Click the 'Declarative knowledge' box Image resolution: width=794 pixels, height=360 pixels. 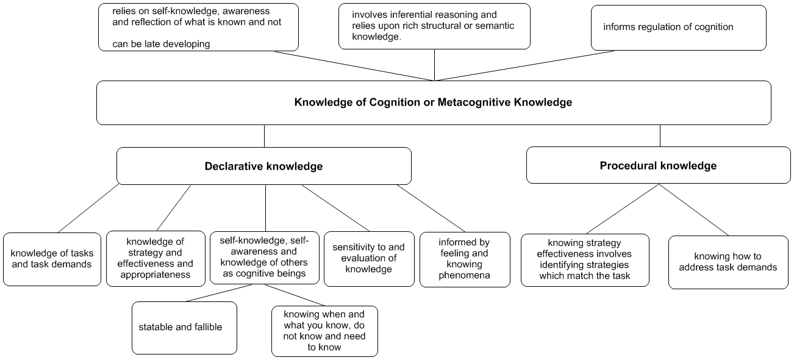[x=263, y=166]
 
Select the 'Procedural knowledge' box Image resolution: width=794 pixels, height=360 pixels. [x=658, y=165]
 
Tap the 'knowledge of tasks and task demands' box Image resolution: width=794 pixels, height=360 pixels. [x=52, y=259]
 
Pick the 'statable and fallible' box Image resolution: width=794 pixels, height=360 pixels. [x=184, y=328]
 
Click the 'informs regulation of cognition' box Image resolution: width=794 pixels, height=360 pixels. [x=678, y=27]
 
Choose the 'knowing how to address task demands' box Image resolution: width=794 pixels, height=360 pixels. [x=728, y=262]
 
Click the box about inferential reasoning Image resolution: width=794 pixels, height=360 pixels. [x=434, y=26]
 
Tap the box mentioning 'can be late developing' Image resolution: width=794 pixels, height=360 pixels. [x=198, y=27]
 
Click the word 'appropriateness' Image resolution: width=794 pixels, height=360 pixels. [x=154, y=275]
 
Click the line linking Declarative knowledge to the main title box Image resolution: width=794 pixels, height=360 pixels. [x=264, y=135]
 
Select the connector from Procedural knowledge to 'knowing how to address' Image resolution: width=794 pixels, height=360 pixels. [x=694, y=209]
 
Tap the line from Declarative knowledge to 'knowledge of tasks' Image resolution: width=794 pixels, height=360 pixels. [x=89, y=208]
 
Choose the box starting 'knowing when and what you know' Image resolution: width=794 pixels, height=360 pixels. [x=324, y=331]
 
